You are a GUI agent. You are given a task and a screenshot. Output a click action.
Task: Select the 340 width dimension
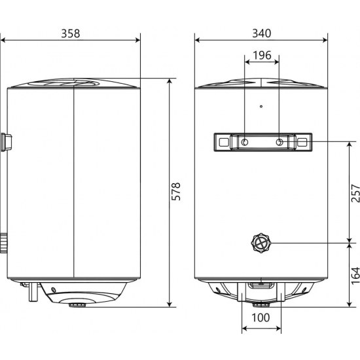[x=261, y=33]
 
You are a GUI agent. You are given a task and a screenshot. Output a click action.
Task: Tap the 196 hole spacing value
[x=262, y=55]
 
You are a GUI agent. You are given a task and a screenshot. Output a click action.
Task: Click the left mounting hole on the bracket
[x=244, y=142]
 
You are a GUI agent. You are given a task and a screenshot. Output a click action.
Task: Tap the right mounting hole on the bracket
[x=279, y=142]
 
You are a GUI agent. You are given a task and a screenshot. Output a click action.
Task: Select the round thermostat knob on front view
[x=261, y=243]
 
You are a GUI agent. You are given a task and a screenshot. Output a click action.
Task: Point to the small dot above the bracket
[x=261, y=106]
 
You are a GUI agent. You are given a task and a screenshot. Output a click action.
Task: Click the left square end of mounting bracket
[x=223, y=142]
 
